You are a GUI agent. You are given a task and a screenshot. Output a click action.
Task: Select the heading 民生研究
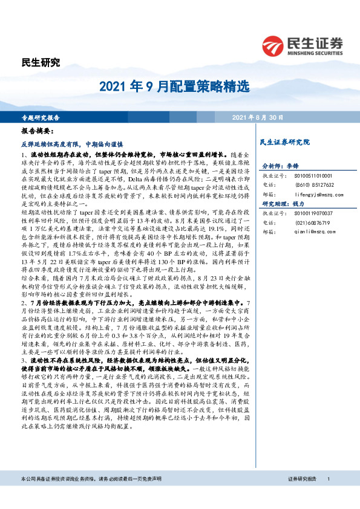41,62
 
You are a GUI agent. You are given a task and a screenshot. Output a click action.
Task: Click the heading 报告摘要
38,131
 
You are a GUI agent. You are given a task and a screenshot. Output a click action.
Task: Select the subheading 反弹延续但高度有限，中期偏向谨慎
72,145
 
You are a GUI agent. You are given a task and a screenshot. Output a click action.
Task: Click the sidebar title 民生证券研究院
284,142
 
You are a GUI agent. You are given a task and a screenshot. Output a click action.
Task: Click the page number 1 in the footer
328,496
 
